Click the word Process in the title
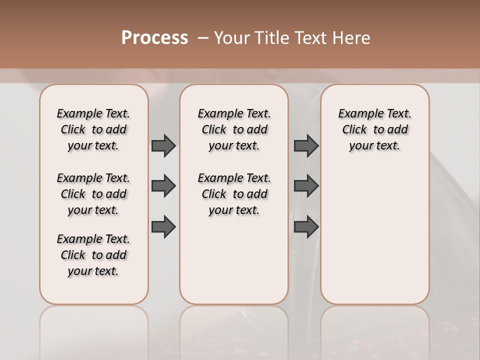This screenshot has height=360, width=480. (154, 38)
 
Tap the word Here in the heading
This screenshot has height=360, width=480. (352, 38)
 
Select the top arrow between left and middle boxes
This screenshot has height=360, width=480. (163, 145)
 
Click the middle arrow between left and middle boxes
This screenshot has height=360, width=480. (163, 186)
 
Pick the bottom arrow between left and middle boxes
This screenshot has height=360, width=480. (163, 226)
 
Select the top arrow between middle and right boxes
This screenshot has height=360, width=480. (306, 145)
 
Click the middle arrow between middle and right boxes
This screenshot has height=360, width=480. (306, 186)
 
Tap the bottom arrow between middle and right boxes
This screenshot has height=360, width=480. (306, 226)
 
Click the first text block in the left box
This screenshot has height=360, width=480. (93, 129)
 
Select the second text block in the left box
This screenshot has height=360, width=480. (93, 194)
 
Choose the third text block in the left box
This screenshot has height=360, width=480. (93, 255)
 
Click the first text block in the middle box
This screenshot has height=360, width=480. (234, 129)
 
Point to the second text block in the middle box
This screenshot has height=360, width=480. (234, 194)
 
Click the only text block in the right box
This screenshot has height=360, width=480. (374, 129)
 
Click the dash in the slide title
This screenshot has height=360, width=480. (203, 38)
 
